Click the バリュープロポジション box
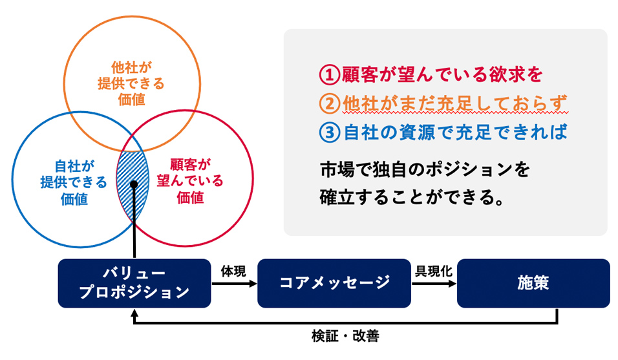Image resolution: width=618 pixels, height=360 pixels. tap(134, 283)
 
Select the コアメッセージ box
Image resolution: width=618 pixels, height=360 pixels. tap(334, 283)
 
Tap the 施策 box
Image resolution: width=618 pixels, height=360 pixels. tap(533, 283)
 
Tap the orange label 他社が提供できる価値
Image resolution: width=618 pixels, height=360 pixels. tap(131, 83)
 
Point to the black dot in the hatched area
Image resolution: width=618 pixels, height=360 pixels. tap(133, 185)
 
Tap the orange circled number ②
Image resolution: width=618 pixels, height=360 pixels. tap(328, 103)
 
